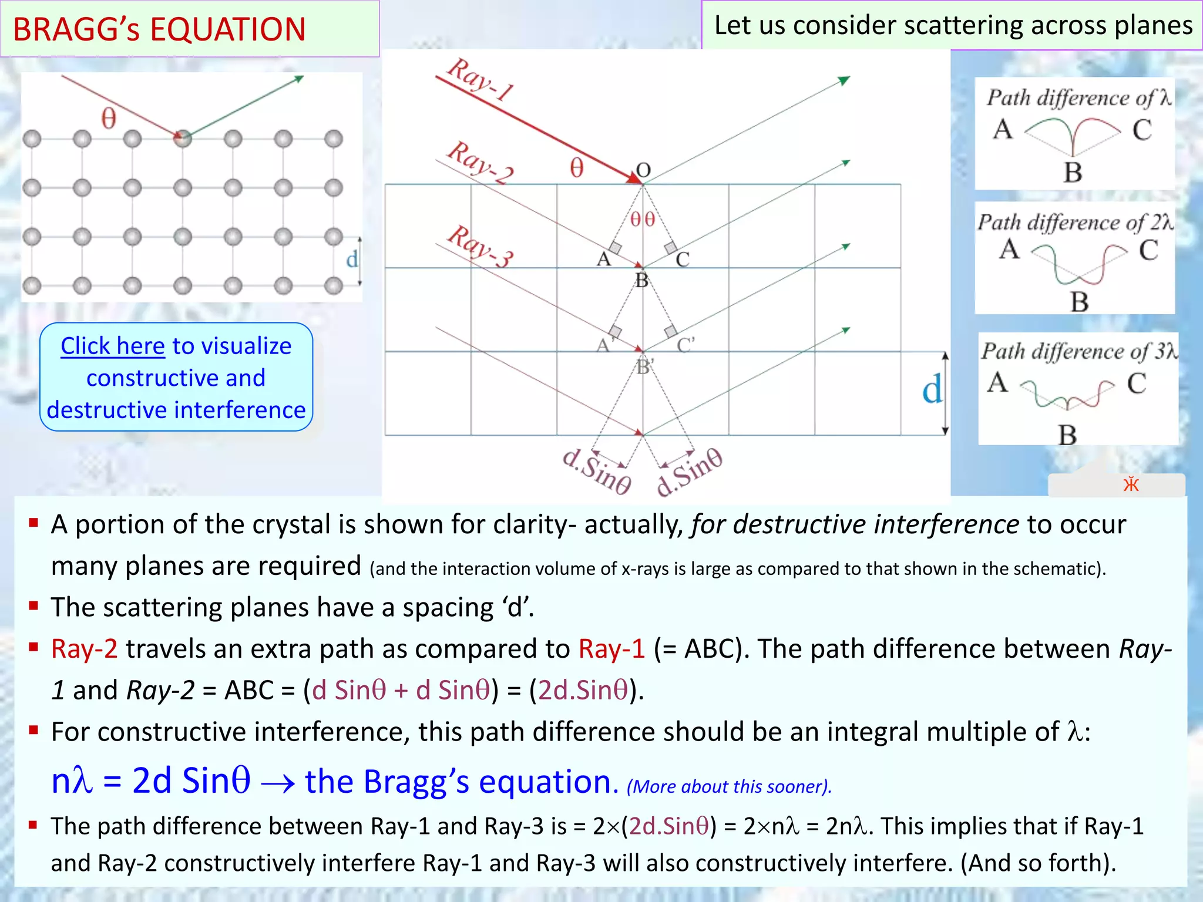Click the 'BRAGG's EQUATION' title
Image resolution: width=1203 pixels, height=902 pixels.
159,29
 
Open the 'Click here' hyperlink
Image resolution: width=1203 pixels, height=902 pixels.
112,346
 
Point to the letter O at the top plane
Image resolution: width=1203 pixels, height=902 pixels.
644,170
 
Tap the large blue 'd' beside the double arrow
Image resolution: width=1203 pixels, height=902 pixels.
932,391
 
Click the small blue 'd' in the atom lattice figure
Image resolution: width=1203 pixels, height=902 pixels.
352,259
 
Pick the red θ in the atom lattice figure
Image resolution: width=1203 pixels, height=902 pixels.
109,119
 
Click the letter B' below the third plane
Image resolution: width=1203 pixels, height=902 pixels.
644,368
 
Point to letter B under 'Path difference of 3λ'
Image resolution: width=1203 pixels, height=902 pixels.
1067,435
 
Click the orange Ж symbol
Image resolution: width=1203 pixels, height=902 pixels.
1131,484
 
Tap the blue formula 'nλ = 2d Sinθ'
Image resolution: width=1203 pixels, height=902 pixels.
151,780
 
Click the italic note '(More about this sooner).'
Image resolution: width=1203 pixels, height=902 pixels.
729,786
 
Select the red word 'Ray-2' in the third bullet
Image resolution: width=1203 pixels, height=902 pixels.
84,649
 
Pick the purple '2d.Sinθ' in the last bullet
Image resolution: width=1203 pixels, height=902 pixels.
668,826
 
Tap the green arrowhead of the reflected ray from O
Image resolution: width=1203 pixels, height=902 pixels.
844,80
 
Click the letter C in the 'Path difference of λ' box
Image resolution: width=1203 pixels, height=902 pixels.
1142,130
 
